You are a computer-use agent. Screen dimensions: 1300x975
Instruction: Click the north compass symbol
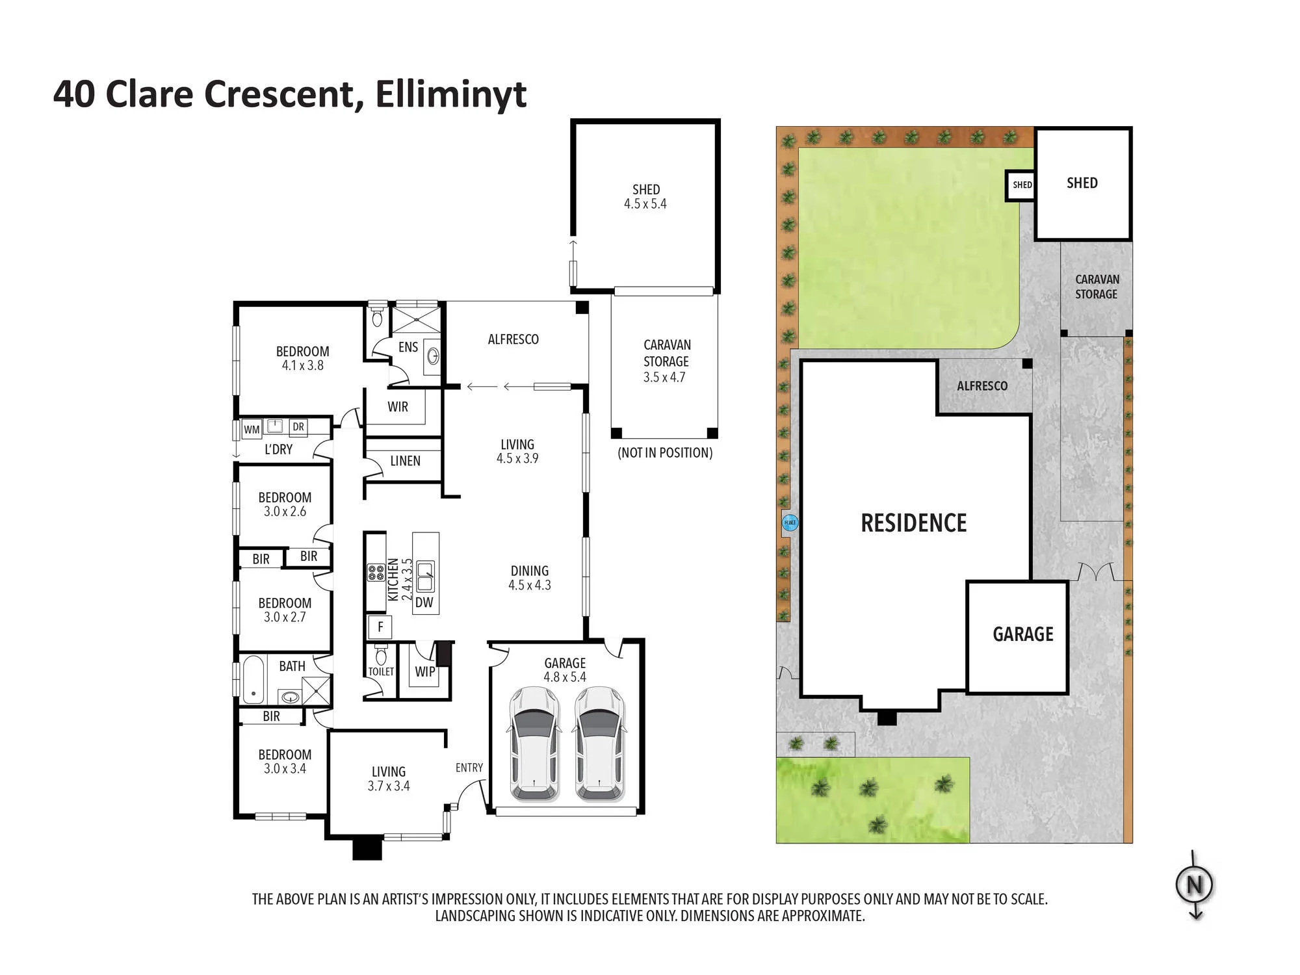(1195, 885)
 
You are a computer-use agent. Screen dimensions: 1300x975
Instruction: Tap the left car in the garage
(534, 743)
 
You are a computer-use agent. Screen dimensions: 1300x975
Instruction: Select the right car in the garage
(600, 743)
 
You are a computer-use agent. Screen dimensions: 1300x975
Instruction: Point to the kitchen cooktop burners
(376, 573)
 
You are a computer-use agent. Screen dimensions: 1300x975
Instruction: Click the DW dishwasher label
(424, 603)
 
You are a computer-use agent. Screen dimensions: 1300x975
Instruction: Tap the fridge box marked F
(380, 627)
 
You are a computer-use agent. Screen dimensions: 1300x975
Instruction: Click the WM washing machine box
(252, 430)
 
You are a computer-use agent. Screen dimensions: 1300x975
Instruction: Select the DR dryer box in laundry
(298, 427)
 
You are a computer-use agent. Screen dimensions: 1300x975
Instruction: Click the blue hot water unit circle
(790, 523)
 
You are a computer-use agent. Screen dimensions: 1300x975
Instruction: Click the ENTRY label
(469, 768)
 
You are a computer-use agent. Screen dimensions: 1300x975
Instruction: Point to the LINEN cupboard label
(405, 461)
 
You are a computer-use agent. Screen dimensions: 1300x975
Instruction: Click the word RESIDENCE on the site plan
(914, 523)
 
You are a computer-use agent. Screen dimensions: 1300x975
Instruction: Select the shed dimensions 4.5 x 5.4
(645, 203)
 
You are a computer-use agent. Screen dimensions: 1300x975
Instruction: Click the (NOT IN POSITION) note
(665, 453)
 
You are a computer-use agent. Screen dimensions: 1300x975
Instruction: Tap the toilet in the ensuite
(377, 317)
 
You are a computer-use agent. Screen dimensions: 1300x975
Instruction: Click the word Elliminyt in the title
(450, 95)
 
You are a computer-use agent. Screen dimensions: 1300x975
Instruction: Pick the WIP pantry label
(425, 671)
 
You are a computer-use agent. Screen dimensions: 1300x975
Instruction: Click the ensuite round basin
(433, 356)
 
